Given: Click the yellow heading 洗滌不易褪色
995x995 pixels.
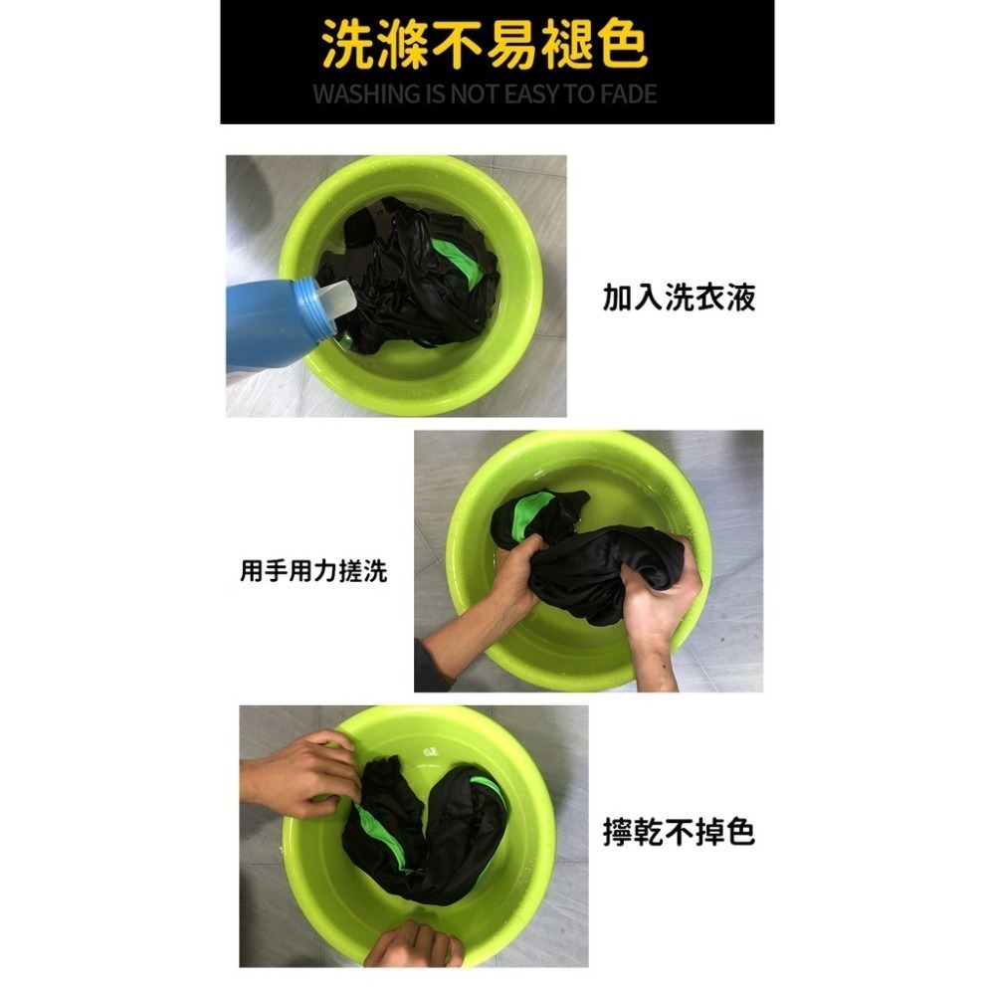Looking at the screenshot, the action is pyautogui.click(x=485, y=44).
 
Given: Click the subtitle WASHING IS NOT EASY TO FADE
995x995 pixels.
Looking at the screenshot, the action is pyautogui.click(x=485, y=94).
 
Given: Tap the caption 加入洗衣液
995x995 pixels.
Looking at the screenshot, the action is pyautogui.click(x=679, y=298).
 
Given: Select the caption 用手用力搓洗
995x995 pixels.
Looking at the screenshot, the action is pyautogui.click(x=313, y=570).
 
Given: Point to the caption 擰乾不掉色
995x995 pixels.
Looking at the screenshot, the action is pyautogui.click(x=679, y=832).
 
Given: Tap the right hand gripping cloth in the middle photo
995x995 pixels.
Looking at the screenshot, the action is pyautogui.click(x=659, y=596).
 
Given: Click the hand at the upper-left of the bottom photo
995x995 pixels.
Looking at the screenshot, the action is pyautogui.click(x=298, y=773).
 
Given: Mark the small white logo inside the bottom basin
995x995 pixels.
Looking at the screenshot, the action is pyautogui.click(x=433, y=752).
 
